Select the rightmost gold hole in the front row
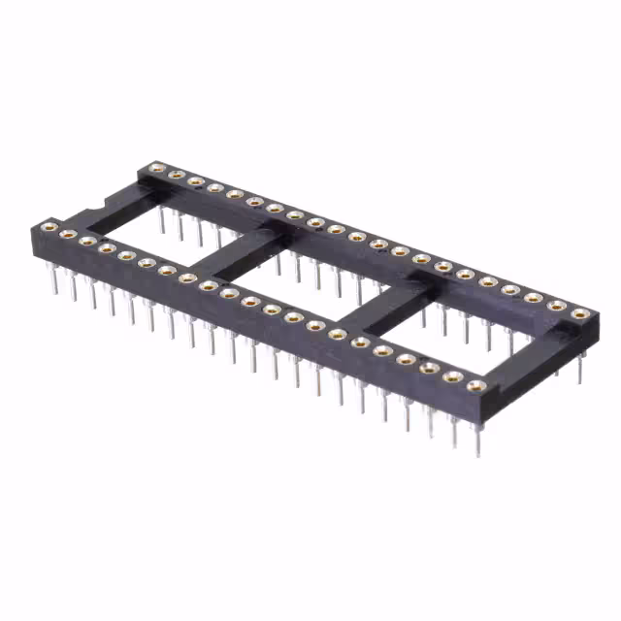click(x=474, y=386)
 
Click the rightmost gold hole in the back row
click(x=580, y=313)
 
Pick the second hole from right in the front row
click(x=451, y=376)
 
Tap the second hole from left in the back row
click(x=176, y=175)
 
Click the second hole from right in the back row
click(x=557, y=306)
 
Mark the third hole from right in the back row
click(x=534, y=297)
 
